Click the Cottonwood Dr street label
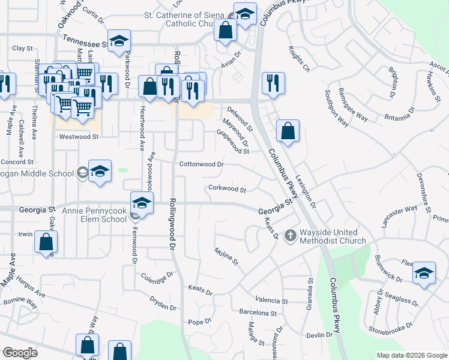click(x=202, y=164)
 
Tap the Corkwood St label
click(x=227, y=190)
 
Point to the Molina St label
click(x=227, y=256)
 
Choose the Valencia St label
click(x=271, y=300)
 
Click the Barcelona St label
click(x=258, y=313)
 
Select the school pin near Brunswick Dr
click(x=424, y=274)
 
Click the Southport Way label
click(x=337, y=108)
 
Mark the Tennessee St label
click(x=85, y=41)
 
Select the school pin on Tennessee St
click(x=119, y=40)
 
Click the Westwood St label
click(x=79, y=137)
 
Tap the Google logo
click(x=20, y=353)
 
